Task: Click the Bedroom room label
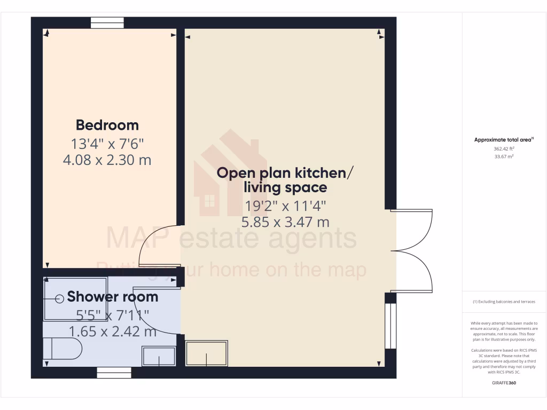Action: click(107, 125)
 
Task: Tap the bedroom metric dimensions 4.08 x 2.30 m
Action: click(107, 160)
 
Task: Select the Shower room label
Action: click(113, 297)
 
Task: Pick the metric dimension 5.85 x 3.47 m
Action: click(285, 222)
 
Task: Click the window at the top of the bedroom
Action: click(107, 22)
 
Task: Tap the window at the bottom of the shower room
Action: click(114, 373)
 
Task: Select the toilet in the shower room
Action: click(62, 350)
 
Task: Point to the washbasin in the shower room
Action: click(159, 356)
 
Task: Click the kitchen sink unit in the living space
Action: click(207, 353)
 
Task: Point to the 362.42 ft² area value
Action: click(504, 149)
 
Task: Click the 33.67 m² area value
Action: click(504, 156)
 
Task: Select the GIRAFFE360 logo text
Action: click(504, 383)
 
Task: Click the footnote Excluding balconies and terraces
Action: click(504, 302)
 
